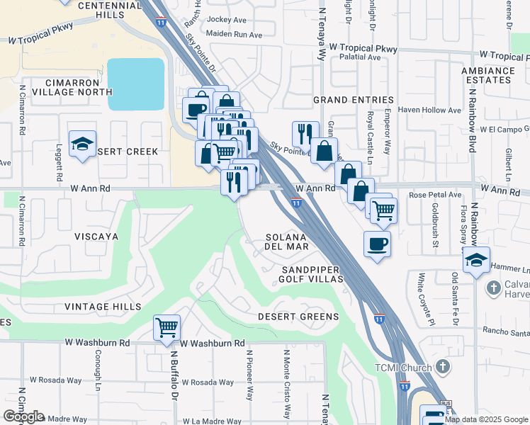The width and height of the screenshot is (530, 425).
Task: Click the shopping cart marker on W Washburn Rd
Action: pyautogui.click(x=167, y=328)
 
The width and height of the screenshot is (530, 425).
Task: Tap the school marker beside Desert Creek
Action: pyautogui.click(x=83, y=144)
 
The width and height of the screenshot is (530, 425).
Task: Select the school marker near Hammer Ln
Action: pyautogui.click(x=477, y=260)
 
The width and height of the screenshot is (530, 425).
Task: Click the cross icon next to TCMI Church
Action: pyautogui.click(x=443, y=366)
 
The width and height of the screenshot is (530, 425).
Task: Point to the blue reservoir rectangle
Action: pyautogui.click(x=136, y=84)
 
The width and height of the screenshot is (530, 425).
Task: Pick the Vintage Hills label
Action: pyautogui.click(x=102, y=307)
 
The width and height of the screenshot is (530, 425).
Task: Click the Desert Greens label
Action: pyautogui.click(x=298, y=317)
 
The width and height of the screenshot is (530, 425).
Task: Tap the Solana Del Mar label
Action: pyautogui.click(x=286, y=242)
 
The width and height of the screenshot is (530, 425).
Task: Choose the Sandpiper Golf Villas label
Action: pyautogui.click(x=312, y=275)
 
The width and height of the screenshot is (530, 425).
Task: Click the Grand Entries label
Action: pyautogui.click(x=353, y=100)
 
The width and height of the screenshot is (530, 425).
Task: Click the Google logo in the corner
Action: pyautogui.click(x=23, y=416)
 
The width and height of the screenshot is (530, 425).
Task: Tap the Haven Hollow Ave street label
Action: pyautogui.click(x=429, y=110)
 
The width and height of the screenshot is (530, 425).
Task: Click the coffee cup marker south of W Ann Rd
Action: pyautogui.click(x=376, y=244)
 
